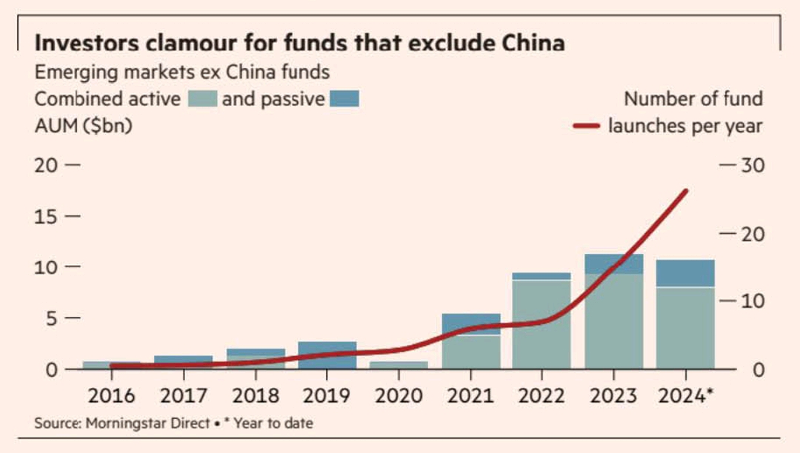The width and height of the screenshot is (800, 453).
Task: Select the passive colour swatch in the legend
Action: coord(344,99)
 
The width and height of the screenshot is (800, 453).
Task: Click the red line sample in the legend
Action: coord(587,127)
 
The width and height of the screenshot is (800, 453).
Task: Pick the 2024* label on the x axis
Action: coord(685,396)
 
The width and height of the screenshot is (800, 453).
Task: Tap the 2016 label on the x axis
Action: coord(111,396)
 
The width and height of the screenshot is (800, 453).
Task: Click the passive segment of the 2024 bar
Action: coord(685,273)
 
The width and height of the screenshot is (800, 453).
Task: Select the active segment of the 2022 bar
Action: coord(541,326)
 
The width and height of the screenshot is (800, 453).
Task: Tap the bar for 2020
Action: coord(399,364)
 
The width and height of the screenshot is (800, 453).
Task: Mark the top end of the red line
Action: coord(686,191)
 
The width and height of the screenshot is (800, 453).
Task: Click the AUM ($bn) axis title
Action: coord(83,126)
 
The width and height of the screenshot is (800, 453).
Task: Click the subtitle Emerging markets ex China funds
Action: coord(181,73)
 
